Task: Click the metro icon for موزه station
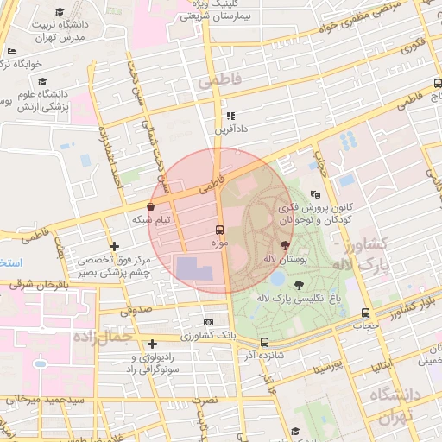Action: click(218, 230)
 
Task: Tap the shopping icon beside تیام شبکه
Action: click(151, 207)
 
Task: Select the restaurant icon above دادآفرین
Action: click(230, 115)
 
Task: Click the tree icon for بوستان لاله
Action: click(286, 245)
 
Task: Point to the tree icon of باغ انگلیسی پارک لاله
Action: click(299, 284)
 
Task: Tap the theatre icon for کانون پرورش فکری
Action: click(316, 195)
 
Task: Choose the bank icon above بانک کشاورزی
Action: click(208, 321)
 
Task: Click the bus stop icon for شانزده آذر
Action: click(264, 342)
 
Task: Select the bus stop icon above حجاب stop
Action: click(365, 313)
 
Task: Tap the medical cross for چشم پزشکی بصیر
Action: click(113, 246)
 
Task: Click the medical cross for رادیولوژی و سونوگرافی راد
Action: click(152, 344)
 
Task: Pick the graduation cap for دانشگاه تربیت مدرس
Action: click(60, 11)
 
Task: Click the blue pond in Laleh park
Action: click(277, 279)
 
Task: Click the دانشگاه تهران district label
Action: click(394, 405)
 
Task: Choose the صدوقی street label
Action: click(134, 308)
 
